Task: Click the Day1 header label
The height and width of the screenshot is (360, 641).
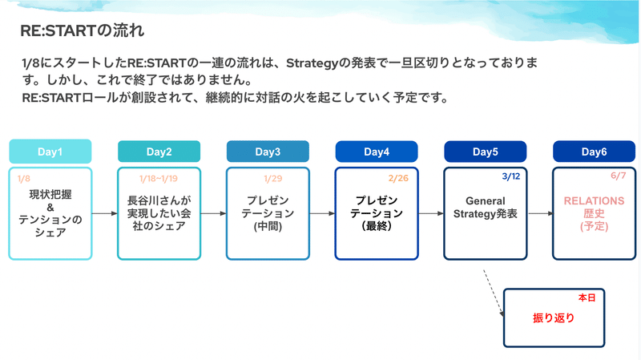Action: click(50, 152)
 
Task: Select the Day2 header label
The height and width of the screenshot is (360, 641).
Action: click(159, 152)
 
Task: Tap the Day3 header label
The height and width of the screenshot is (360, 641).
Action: click(268, 152)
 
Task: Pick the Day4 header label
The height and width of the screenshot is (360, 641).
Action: click(377, 152)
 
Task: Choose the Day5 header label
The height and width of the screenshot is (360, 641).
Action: click(486, 152)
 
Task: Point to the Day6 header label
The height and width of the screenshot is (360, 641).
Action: click(594, 152)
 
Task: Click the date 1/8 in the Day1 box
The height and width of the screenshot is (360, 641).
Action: click(24, 178)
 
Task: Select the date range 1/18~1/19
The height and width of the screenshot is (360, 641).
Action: click(159, 178)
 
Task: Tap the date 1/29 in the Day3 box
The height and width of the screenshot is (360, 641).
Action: click(272, 178)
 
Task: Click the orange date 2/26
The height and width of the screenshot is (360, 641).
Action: click(398, 178)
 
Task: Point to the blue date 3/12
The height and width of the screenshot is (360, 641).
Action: click(511, 176)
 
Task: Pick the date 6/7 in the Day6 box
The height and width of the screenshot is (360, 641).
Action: click(618, 176)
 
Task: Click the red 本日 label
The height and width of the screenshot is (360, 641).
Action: click(587, 297)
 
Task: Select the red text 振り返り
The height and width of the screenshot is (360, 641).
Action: click(554, 318)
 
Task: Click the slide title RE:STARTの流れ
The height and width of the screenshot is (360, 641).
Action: click(83, 30)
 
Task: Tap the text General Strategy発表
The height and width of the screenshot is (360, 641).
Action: click(486, 208)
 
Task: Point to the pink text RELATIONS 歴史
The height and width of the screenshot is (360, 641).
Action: click(594, 208)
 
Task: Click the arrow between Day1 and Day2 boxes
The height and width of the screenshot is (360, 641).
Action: click(105, 213)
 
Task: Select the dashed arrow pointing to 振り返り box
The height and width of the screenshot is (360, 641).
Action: click(494, 293)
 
